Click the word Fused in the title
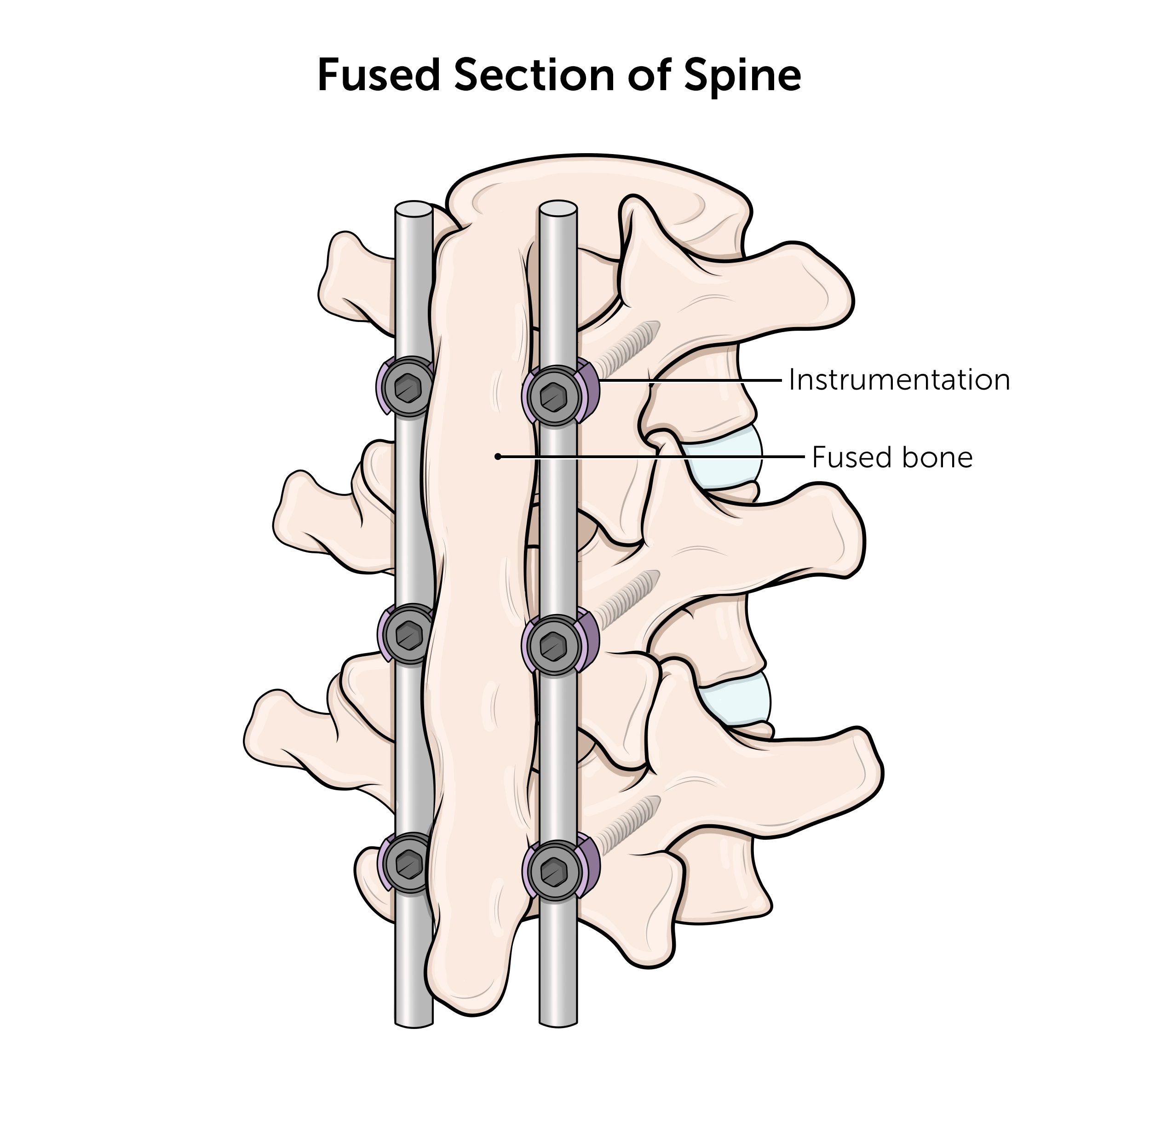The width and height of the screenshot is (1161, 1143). click(378, 75)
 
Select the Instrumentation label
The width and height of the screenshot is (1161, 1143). click(899, 380)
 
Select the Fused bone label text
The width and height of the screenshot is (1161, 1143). click(892, 458)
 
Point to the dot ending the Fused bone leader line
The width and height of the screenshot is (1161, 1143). click(498, 457)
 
